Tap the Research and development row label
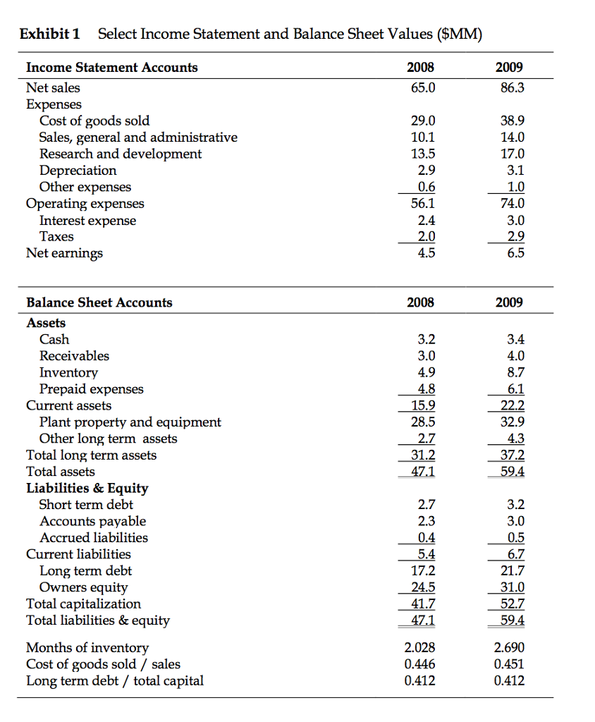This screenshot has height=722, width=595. tap(120, 154)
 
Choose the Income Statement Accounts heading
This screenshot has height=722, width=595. tap(111, 68)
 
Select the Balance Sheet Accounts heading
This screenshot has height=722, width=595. tap(99, 302)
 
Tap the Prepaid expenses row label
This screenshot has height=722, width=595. tap(91, 389)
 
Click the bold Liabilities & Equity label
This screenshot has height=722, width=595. tap(87, 488)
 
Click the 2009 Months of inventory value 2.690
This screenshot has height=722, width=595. tap(509, 648)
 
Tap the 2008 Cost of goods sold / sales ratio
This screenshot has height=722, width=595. tap(420, 664)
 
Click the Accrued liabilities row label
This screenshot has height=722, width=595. tap(94, 538)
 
